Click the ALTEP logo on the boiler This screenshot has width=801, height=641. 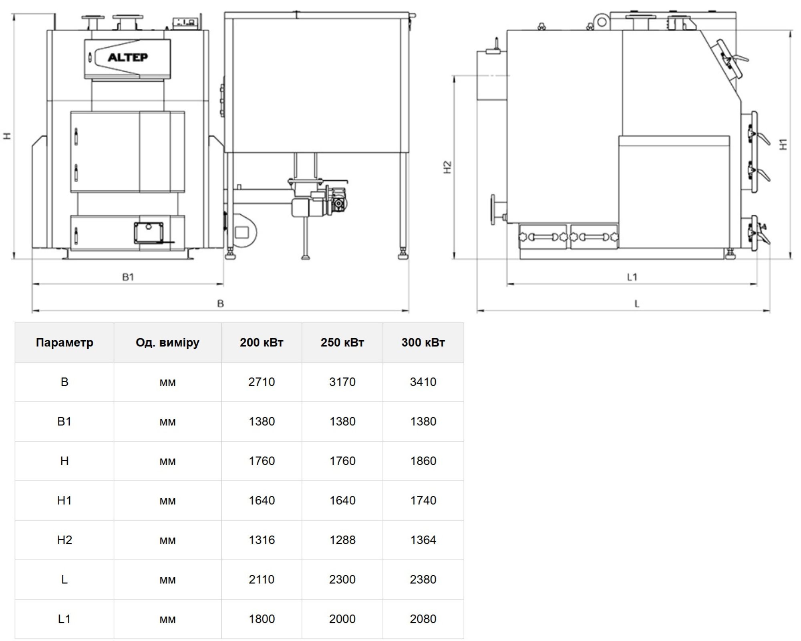[128, 57]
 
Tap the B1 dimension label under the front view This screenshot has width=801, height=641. [128, 277]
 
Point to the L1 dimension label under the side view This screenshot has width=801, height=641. [632, 277]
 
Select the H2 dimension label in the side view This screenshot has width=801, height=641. [448, 167]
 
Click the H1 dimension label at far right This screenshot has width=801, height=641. [783, 144]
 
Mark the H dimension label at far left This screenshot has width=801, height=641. [7, 136]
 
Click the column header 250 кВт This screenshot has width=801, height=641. [342, 343]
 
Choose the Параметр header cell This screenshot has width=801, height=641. [64, 343]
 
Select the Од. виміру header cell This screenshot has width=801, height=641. [167, 343]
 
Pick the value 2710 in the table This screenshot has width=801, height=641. [262, 382]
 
